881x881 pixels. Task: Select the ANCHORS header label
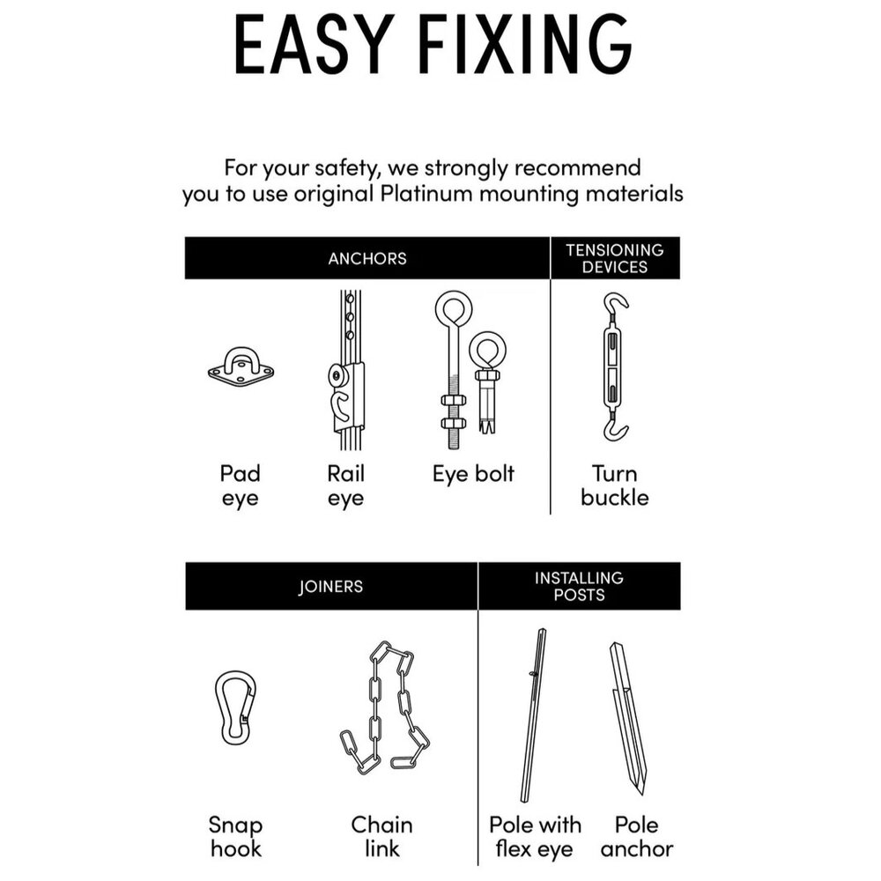point(367,258)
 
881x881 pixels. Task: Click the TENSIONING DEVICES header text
point(615,258)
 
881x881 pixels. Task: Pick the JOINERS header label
point(330,587)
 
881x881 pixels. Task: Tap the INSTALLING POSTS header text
point(579,586)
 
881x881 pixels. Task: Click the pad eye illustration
point(241,367)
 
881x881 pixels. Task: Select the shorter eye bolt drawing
point(486,382)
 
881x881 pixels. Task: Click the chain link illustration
point(385,708)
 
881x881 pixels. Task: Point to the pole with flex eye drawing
point(535,714)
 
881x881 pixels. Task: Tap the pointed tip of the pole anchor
point(640,794)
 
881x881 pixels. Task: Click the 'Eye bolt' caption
point(473,474)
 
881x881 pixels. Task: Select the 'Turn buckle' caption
point(615,485)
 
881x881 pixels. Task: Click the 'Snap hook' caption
point(235,837)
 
